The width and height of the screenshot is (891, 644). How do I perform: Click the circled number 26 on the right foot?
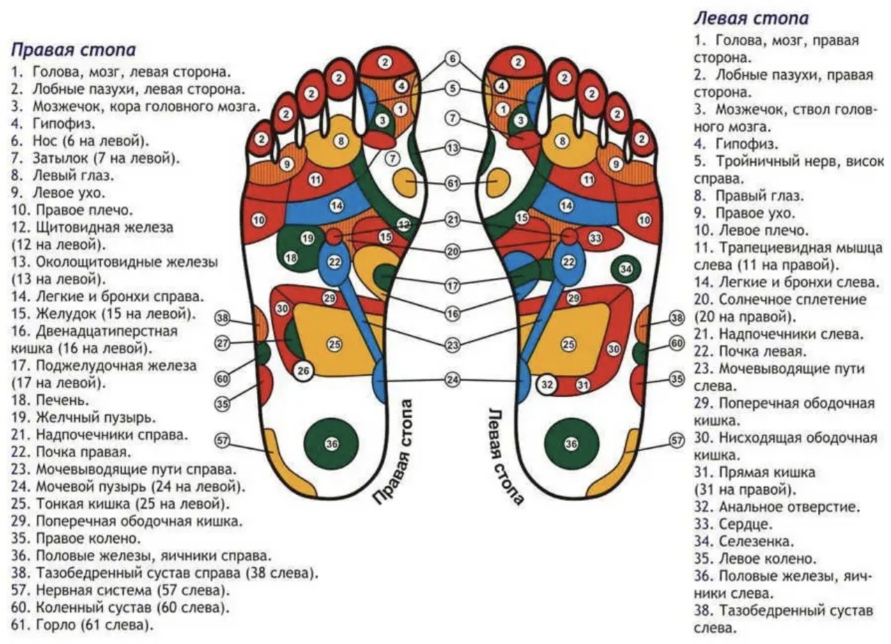click(303, 371)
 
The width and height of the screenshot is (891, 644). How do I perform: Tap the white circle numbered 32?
click(548, 385)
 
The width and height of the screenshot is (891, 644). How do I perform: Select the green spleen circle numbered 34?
click(626, 269)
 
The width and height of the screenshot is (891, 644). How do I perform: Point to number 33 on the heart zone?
click(595, 239)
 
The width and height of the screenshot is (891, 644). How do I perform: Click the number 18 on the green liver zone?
click(291, 258)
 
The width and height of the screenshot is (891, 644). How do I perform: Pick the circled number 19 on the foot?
click(307, 239)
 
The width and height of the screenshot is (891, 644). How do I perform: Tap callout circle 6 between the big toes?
click(452, 59)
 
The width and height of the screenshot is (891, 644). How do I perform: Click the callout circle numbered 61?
click(452, 184)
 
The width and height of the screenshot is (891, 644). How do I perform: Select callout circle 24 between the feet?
click(452, 380)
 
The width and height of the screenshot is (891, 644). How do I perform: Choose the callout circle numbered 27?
click(222, 343)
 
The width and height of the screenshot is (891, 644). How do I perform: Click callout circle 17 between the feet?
click(452, 285)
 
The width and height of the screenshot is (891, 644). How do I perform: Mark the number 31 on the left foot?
click(583, 385)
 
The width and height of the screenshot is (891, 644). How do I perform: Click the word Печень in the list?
click(63, 400)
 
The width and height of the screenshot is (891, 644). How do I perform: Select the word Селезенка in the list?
click(756, 541)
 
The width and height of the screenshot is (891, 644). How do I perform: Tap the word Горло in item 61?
click(56, 625)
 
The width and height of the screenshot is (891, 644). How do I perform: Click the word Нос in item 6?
click(46, 141)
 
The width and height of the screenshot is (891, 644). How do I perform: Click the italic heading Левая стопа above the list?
click(751, 18)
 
